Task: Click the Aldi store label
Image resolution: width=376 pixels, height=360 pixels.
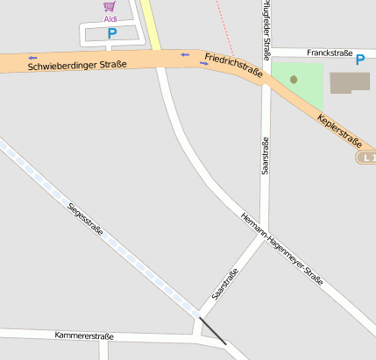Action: coord(110,18)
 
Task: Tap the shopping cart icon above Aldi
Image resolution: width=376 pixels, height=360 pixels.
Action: coord(110,6)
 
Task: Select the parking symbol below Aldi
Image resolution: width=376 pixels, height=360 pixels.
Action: coord(111,33)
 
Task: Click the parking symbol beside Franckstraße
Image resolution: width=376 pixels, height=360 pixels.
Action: coord(360,59)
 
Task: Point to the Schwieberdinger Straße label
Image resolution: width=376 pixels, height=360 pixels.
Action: coord(77,65)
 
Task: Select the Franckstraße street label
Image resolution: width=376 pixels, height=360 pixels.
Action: coord(329,53)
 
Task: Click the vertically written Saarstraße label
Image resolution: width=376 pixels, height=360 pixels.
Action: coord(265,156)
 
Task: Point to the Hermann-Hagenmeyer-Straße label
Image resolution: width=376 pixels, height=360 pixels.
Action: coord(282,250)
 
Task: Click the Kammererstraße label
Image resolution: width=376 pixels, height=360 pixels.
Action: coord(83,336)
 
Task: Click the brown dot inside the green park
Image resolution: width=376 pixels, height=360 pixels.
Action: coord(294,80)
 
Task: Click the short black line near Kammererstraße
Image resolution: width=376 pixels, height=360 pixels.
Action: coord(212,330)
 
